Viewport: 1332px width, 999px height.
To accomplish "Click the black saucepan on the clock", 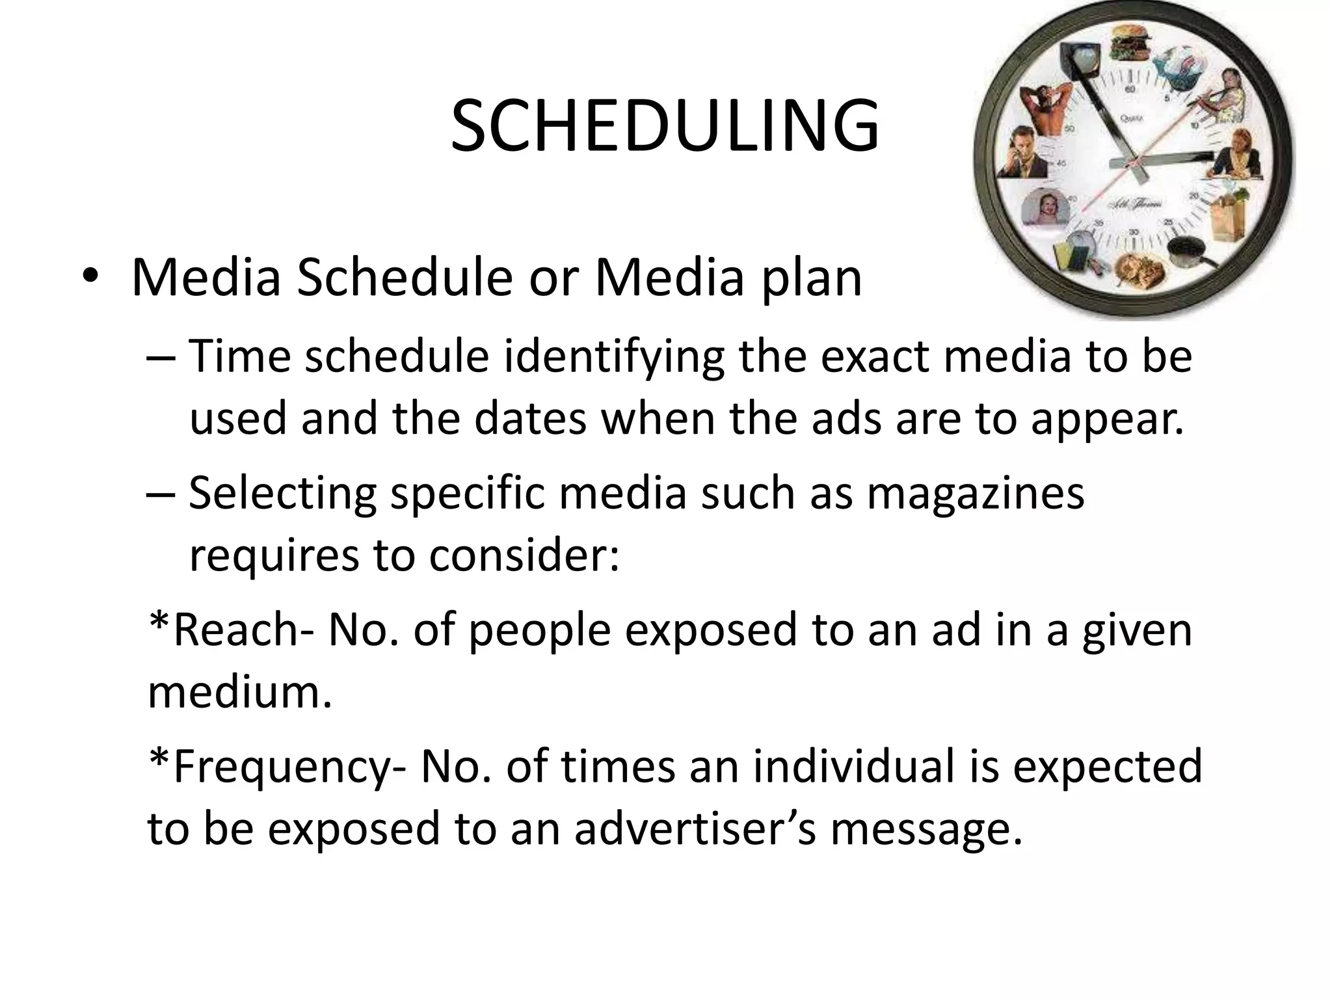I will pos(1188,252).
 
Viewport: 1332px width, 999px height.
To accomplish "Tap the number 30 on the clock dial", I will pos(1134,232).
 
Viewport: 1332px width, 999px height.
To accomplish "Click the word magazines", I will pos(976,493).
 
